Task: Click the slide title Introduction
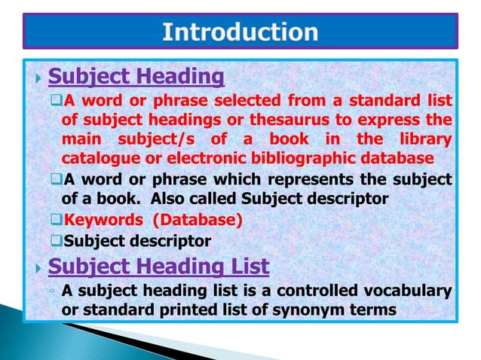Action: coord(240,32)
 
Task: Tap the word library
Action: coord(425,139)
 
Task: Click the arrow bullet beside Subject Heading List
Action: coord(39,267)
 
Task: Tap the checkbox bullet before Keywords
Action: coord(57,221)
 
